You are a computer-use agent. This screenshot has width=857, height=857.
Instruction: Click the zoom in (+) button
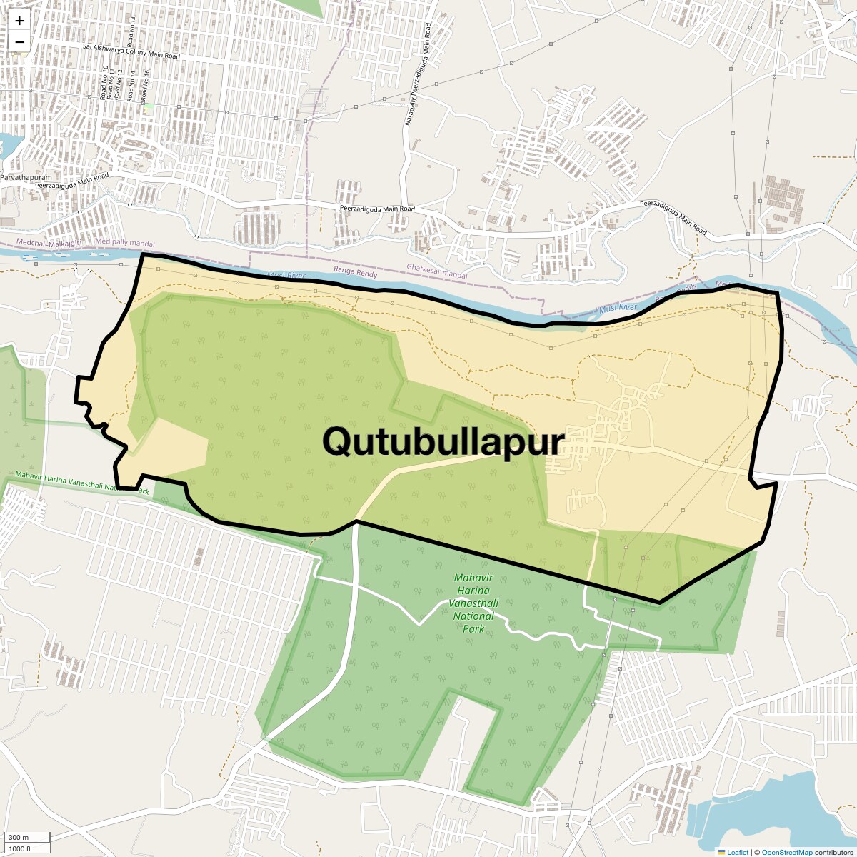click(19, 21)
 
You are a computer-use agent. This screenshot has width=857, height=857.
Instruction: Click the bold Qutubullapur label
click(443, 441)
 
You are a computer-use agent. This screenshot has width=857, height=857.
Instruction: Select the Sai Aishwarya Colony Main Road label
click(131, 51)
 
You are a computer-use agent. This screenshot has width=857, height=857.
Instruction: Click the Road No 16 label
click(146, 84)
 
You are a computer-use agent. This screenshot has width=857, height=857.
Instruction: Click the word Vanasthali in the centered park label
click(473, 603)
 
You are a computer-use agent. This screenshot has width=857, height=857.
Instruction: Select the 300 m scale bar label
click(19, 837)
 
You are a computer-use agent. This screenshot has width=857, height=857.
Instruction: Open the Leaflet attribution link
click(738, 852)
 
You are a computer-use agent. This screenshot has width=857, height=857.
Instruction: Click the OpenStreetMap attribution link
click(787, 852)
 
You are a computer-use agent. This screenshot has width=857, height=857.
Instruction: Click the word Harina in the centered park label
click(473, 591)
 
